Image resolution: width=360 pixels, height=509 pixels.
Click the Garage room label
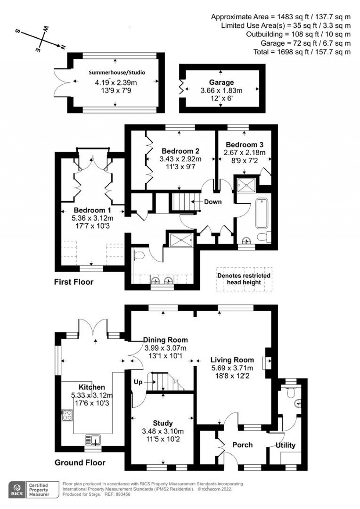pos(221,82)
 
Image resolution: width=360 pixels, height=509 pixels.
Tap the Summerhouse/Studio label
pos(117,72)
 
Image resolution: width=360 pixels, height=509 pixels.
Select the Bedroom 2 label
pos(180,151)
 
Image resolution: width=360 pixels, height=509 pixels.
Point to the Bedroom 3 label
pos(244,145)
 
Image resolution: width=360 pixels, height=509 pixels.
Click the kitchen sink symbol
pos(93,440)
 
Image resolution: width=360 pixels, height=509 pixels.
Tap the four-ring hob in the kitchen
pos(67,415)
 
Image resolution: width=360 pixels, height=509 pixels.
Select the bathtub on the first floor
pos(262,214)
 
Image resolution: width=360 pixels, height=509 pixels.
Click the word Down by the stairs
pos(213,202)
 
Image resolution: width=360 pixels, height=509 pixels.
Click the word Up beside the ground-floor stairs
pos(138,382)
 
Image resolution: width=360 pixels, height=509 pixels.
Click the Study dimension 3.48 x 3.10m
pos(163,431)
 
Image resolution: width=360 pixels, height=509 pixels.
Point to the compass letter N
pos(63,47)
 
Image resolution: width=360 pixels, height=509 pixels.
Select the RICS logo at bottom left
pos(16,489)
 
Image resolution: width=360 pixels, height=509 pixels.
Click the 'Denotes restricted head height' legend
pos(244,279)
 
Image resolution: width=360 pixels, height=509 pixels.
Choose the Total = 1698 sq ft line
pos(302,52)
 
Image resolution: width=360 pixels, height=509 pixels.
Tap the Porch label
pos(242,445)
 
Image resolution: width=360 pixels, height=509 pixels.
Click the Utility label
pos(285,445)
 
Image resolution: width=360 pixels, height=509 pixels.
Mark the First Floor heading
pos(74,282)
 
